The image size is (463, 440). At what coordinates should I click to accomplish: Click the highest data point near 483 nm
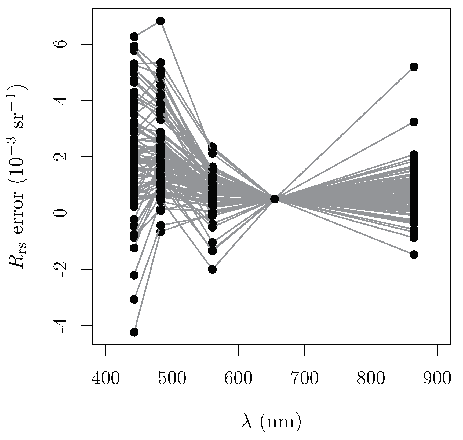point(161,21)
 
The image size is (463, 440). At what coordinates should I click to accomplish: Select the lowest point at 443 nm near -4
point(134,332)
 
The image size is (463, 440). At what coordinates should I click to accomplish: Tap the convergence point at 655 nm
point(275,199)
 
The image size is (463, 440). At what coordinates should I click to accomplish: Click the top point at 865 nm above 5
point(414,67)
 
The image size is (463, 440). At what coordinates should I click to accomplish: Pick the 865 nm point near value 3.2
point(414,122)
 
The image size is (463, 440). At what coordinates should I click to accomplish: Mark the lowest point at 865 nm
point(414,255)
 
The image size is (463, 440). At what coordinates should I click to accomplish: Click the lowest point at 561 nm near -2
point(212,269)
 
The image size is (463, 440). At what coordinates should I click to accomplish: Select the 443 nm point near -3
point(134,299)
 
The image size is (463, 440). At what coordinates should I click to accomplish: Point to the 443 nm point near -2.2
point(134,275)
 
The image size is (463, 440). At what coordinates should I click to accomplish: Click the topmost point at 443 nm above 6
point(134,36)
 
